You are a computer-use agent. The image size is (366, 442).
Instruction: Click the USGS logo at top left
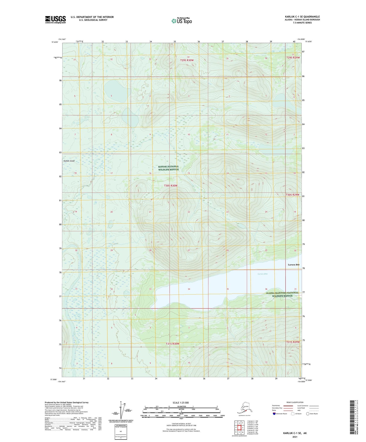point(55,19)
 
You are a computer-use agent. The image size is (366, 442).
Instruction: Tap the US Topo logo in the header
point(182,21)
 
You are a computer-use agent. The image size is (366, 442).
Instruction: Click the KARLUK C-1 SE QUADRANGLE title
point(302,17)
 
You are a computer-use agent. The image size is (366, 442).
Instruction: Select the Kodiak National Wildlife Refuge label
point(168,168)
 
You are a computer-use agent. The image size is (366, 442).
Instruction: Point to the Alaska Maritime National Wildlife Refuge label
point(282,294)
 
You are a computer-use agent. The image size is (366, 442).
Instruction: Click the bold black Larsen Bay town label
point(294,265)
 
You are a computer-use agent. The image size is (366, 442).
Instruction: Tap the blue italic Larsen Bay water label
point(262,274)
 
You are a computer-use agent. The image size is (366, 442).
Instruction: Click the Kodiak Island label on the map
point(69,161)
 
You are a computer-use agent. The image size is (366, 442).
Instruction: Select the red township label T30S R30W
point(171,186)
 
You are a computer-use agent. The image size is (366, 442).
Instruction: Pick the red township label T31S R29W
point(293,342)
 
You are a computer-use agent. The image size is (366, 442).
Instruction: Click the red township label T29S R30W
point(187,60)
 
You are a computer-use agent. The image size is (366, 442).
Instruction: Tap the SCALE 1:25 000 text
point(181,403)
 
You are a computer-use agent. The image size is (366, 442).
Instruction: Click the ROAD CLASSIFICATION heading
point(295,402)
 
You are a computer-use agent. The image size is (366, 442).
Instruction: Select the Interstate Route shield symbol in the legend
point(274,414)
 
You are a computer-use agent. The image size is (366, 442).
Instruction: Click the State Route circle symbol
point(308,414)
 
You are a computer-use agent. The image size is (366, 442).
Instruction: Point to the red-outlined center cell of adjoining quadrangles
point(239,428)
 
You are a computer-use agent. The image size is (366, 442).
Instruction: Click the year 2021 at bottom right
point(295,437)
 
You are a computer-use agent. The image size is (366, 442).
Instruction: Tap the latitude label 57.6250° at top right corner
point(309,42)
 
